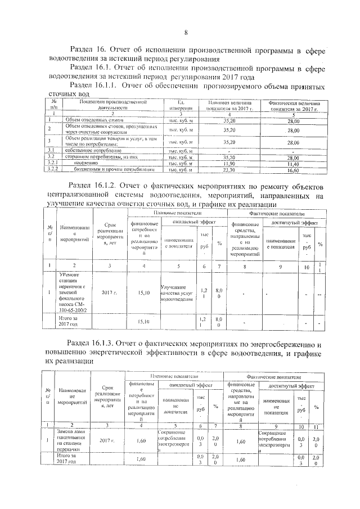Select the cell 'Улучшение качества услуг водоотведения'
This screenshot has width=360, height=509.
[x=177, y=292]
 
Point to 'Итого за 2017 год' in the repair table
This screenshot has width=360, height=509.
[x=72, y=321]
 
